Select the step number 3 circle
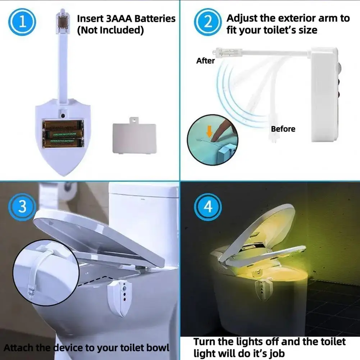22,207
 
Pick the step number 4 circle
208,207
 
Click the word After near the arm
205,61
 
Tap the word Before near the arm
283,129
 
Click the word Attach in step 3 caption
16,348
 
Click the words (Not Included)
110,30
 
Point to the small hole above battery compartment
63,116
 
